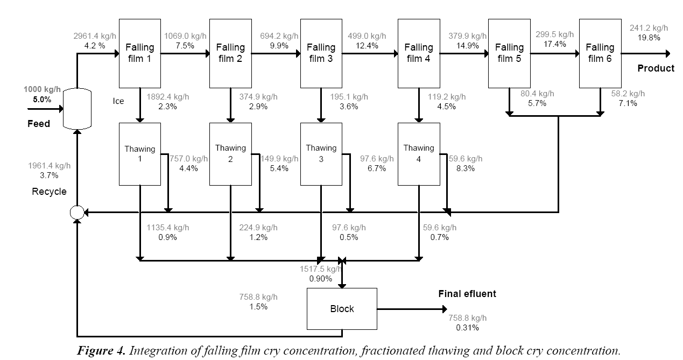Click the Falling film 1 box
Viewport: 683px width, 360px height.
139,53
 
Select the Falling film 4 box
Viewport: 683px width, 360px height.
419,53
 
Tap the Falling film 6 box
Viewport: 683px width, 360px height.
600,53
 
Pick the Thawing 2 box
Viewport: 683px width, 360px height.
230,154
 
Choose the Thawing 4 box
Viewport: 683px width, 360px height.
419,154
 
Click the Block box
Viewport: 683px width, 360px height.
342,309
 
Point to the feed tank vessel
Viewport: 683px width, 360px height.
77,109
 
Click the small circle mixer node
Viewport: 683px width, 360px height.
77,213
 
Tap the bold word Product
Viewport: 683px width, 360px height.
656,68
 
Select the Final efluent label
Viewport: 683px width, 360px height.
467,294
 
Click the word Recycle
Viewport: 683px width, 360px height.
49,192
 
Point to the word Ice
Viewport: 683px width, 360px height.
118,101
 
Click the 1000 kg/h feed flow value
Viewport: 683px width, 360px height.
42,89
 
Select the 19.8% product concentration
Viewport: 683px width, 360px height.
649,38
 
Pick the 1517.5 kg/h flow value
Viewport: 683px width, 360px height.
320,269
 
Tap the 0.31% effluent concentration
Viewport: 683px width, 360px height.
467,328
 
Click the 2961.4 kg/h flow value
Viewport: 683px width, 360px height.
95,36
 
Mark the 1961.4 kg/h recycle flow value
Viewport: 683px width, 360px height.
49,166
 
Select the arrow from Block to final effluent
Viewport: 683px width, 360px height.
412,309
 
